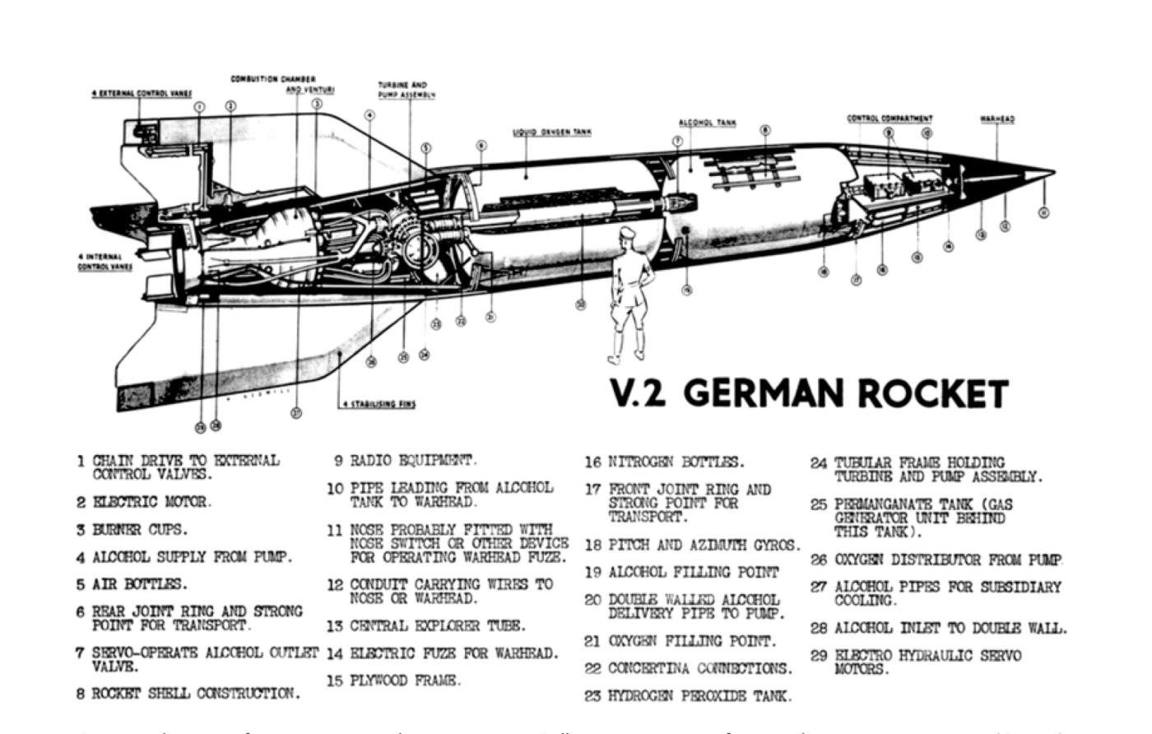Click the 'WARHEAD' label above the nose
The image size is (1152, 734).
(997, 119)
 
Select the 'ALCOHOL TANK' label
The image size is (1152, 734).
(707, 123)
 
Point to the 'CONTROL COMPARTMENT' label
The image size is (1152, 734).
(890, 118)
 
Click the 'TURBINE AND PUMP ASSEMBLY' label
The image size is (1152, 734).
(406, 90)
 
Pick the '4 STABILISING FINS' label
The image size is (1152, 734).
(379, 404)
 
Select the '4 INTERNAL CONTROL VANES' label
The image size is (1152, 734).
(105, 262)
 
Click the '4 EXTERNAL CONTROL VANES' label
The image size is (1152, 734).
(141, 94)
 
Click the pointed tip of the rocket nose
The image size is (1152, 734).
(1052, 173)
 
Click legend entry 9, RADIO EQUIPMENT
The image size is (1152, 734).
(412, 461)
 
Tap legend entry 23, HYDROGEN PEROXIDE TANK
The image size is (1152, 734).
(699, 696)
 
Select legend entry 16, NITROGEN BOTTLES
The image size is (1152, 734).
(676, 462)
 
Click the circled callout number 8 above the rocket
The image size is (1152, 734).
(765, 130)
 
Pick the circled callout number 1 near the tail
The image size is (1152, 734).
(199, 107)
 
